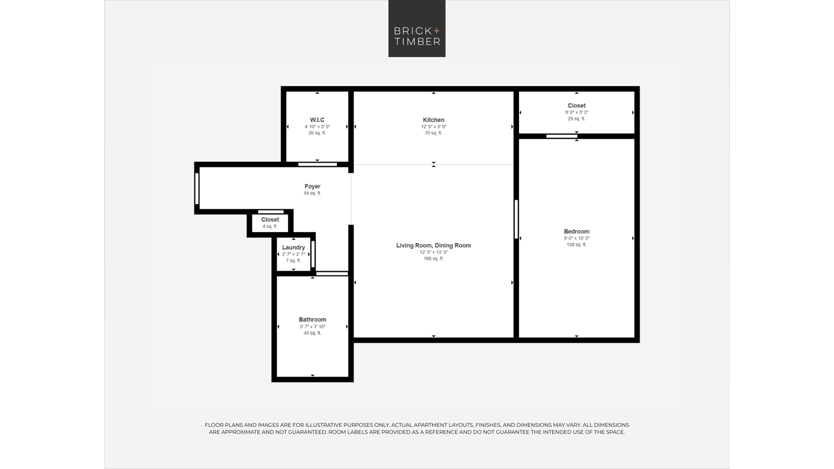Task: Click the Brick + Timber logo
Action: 417,28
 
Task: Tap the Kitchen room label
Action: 433,120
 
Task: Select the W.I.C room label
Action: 317,120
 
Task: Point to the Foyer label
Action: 312,186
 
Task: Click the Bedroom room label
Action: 576,231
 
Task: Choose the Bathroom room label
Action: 312,319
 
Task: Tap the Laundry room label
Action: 293,247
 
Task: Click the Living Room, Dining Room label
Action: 433,246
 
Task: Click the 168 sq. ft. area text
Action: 433,258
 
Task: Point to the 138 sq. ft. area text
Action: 576,245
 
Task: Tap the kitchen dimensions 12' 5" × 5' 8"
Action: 433,127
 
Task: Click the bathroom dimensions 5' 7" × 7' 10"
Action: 312,327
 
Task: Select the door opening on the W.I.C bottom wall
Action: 317,164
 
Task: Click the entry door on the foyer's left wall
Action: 197,188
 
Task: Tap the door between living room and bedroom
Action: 516,219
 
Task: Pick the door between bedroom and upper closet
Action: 562,136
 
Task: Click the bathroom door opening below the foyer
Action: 332,274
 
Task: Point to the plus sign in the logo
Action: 436,31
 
